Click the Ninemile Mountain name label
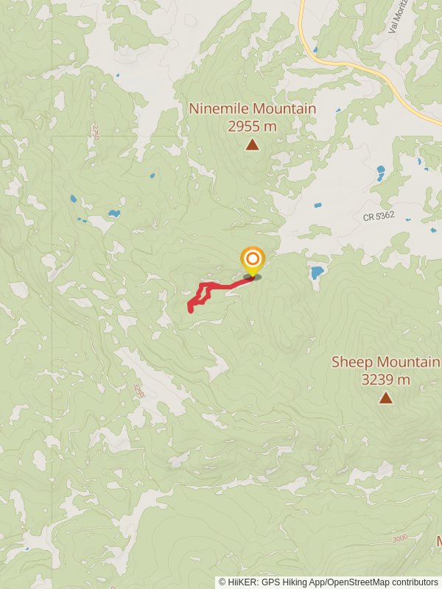pyautogui.click(x=253, y=109)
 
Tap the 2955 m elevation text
pyautogui.click(x=253, y=126)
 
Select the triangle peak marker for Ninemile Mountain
pyautogui.click(x=253, y=144)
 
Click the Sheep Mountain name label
pyautogui.click(x=385, y=362)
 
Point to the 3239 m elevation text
pyautogui.click(x=385, y=380)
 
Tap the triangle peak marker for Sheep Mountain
pyautogui.click(x=385, y=398)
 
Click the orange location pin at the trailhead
pyautogui.click(x=253, y=260)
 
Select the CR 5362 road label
pyautogui.click(x=379, y=217)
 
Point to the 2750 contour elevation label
pyautogui.click(x=95, y=133)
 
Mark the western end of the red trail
pyautogui.click(x=192, y=310)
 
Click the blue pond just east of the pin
pyautogui.click(x=317, y=272)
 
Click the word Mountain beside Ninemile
pyautogui.click(x=282, y=109)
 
